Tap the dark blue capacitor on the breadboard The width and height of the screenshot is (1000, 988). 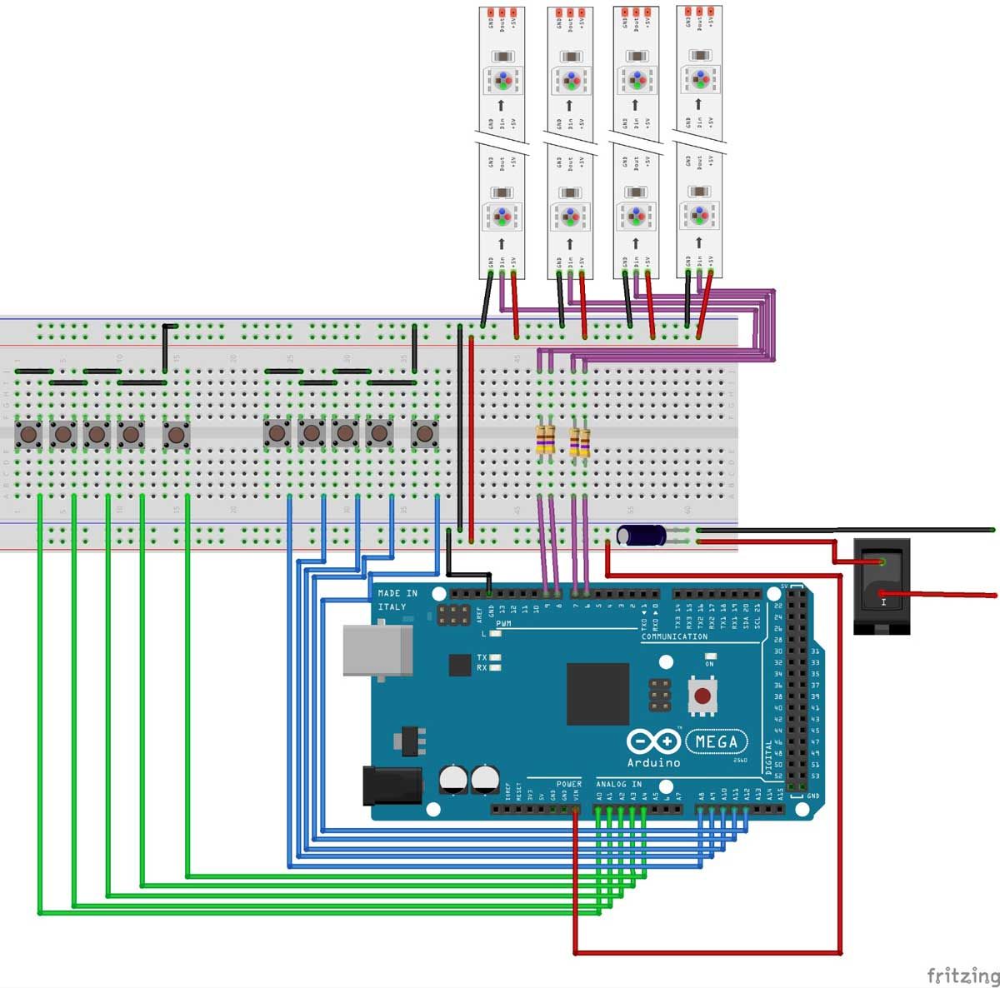tap(642, 535)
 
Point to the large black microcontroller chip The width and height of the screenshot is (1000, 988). tap(597, 694)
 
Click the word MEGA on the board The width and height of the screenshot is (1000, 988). tap(716, 741)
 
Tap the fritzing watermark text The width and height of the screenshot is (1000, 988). tap(962, 975)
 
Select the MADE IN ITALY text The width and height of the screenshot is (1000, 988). tap(397, 600)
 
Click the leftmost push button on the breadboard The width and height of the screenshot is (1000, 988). tap(29, 434)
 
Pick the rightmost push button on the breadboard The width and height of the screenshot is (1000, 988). tap(425, 434)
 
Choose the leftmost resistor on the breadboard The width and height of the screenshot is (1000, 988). tap(545, 440)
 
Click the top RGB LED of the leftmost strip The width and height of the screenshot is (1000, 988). tap(502, 81)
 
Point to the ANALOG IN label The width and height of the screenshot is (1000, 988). tap(618, 784)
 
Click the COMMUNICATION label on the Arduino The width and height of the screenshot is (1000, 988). tap(674, 636)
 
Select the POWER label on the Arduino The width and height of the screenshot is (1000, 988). tap(568, 784)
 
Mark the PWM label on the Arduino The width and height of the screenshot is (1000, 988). tap(503, 623)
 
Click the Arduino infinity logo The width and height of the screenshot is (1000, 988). tap(652, 741)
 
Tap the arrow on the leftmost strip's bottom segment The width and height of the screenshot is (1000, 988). tap(502, 243)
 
